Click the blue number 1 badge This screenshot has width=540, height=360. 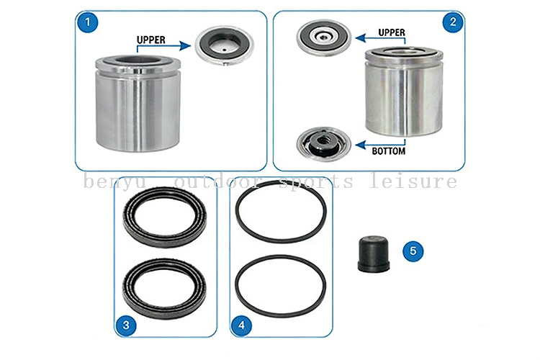click(87, 22)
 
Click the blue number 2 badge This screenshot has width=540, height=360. click(453, 22)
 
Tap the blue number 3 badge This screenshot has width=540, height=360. click(126, 325)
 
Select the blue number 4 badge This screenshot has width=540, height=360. click(241, 325)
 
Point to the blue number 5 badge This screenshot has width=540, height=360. click(413, 251)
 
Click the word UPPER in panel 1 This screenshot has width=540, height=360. click(151, 40)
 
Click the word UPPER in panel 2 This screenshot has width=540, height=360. click(392, 32)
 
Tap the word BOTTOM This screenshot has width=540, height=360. click(389, 151)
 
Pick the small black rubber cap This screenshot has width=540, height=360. click(374, 253)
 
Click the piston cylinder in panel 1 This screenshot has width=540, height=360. click(138, 104)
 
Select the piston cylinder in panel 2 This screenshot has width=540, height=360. click(404, 91)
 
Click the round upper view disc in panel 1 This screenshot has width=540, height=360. click(224, 45)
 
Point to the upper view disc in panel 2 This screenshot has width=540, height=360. click(324, 37)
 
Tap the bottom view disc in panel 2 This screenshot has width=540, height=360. click(323, 143)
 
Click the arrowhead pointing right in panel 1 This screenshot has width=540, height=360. click(185, 46)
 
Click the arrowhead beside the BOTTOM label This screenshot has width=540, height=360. click(360, 145)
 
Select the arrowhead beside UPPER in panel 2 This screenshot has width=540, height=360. click(360, 37)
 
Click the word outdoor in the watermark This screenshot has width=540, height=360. click(217, 181)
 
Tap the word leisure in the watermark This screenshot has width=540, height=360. click(413, 181)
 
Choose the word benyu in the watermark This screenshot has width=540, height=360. click(115, 182)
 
